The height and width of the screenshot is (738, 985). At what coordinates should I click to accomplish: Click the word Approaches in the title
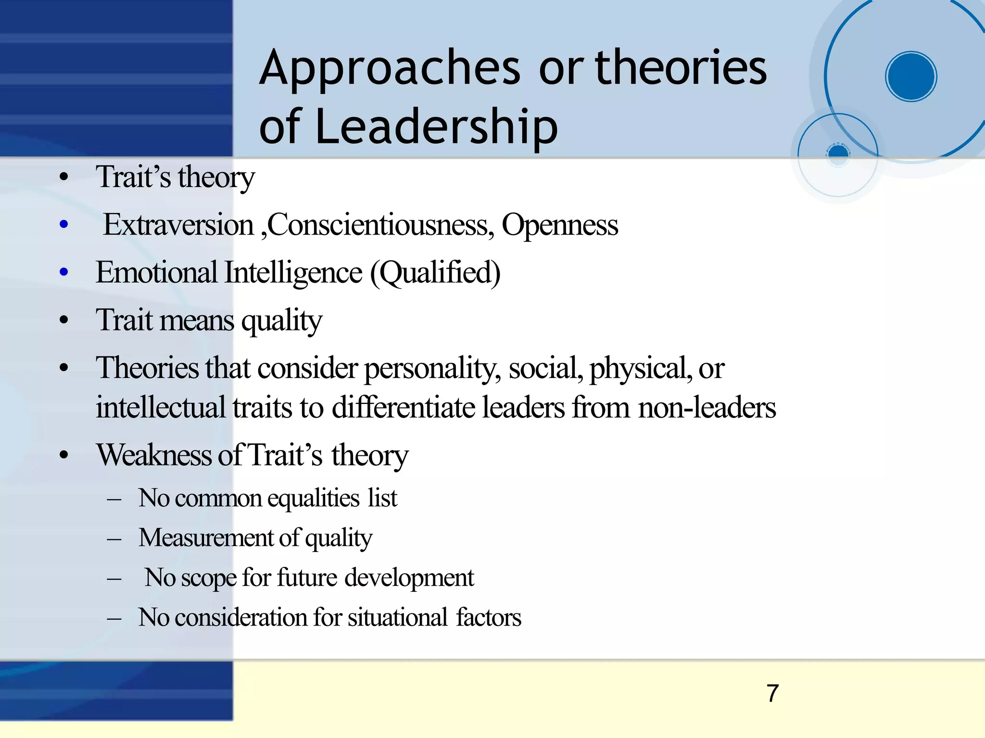click(x=390, y=69)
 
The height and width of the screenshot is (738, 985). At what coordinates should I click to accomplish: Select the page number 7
click(x=772, y=693)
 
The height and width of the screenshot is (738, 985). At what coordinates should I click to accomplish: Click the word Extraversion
click(x=178, y=225)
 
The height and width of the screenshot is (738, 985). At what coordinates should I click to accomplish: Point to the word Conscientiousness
click(x=380, y=225)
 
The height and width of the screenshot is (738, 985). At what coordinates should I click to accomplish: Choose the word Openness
click(x=560, y=225)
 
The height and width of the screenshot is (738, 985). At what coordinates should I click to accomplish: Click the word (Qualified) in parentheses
click(x=435, y=273)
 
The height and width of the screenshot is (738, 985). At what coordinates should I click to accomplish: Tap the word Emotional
click(x=157, y=273)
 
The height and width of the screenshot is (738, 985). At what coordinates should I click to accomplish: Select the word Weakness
click(x=154, y=455)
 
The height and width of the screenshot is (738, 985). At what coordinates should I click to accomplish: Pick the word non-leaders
click(x=707, y=407)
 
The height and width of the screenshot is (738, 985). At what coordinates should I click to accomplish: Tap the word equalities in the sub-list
click(x=313, y=498)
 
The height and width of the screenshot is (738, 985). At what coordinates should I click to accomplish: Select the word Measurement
click(x=206, y=538)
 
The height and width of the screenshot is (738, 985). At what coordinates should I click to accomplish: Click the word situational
click(x=398, y=617)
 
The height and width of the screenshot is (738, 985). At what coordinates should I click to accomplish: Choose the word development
click(x=409, y=577)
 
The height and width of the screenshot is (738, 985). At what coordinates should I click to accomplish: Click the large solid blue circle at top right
click(x=911, y=76)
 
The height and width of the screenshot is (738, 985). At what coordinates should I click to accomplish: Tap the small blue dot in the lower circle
click(x=838, y=153)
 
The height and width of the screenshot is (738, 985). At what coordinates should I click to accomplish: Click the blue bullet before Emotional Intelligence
click(x=64, y=273)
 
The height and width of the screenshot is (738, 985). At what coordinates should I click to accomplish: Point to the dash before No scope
click(x=114, y=578)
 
